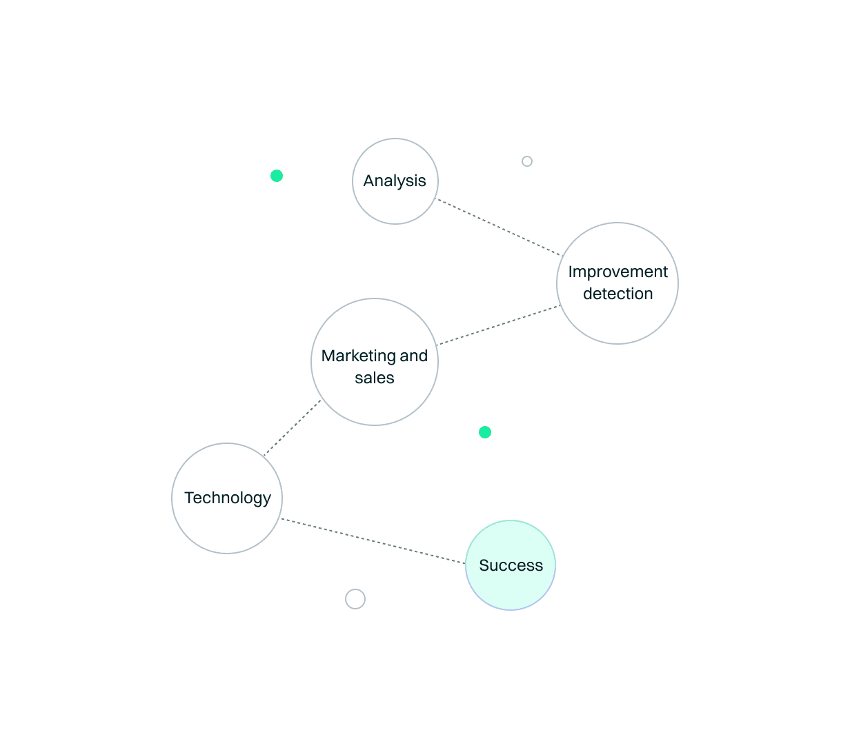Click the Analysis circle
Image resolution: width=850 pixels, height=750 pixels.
click(x=395, y=181)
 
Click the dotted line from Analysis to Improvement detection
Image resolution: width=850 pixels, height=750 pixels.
click(x=500, y=228)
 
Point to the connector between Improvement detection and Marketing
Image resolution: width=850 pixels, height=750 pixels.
click(x=498, y=325)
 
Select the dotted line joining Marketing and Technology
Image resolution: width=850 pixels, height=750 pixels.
click(x=293, y=427)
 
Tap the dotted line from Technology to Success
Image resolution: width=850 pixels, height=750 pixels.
click(x=373, y=541)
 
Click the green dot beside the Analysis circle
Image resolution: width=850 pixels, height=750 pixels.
click(x=277, y=176)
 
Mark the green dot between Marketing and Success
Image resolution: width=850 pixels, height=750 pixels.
click(x=485, y=432)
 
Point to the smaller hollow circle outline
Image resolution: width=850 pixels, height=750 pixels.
click(x=527, y=161)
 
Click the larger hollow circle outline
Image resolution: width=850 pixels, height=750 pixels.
click(x=355, y=599)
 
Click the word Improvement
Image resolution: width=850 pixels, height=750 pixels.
click(x=617, y=272)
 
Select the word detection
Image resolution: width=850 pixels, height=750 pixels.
click(x=617, y=294)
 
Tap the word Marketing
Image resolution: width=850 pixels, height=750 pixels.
click(x=358, y=356)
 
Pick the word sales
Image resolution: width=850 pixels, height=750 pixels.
click(x=375, y=378)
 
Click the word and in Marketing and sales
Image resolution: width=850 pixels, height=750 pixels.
click(x=414, y=356)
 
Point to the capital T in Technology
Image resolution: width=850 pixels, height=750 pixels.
click(x=189, y=498)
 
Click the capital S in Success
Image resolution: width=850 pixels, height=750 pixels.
click(x=484, y=565)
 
